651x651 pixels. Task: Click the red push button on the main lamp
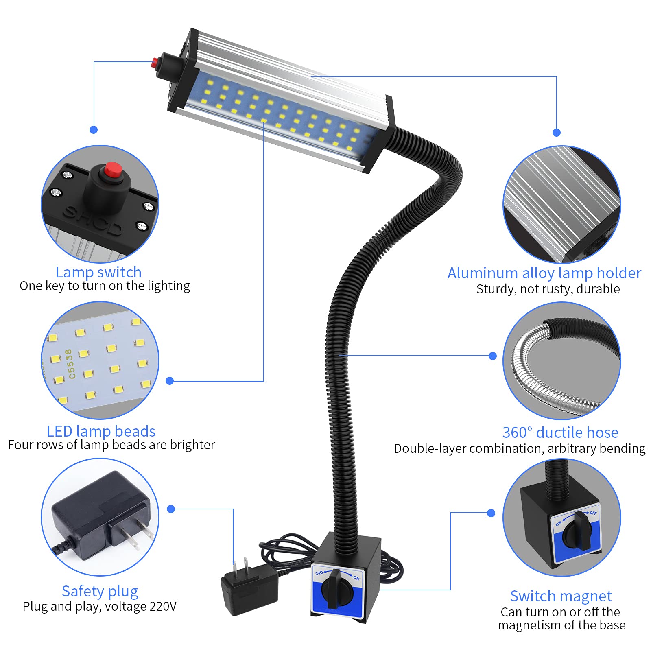155,63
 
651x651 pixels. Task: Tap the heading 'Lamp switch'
98,272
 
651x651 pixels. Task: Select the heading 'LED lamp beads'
101,431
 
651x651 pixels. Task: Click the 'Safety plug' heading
100,591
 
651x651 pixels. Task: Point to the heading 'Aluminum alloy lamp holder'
544,273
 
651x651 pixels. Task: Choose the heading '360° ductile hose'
560,432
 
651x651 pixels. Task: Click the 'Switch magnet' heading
561,596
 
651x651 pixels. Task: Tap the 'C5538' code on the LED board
70,364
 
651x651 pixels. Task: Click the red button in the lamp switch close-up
113,168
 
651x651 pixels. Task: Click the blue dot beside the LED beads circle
170,381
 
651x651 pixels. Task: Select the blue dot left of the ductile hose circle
493,356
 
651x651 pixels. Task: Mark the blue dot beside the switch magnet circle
491,513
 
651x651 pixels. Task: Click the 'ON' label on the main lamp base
356,578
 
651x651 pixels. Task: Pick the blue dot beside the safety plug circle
171,509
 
